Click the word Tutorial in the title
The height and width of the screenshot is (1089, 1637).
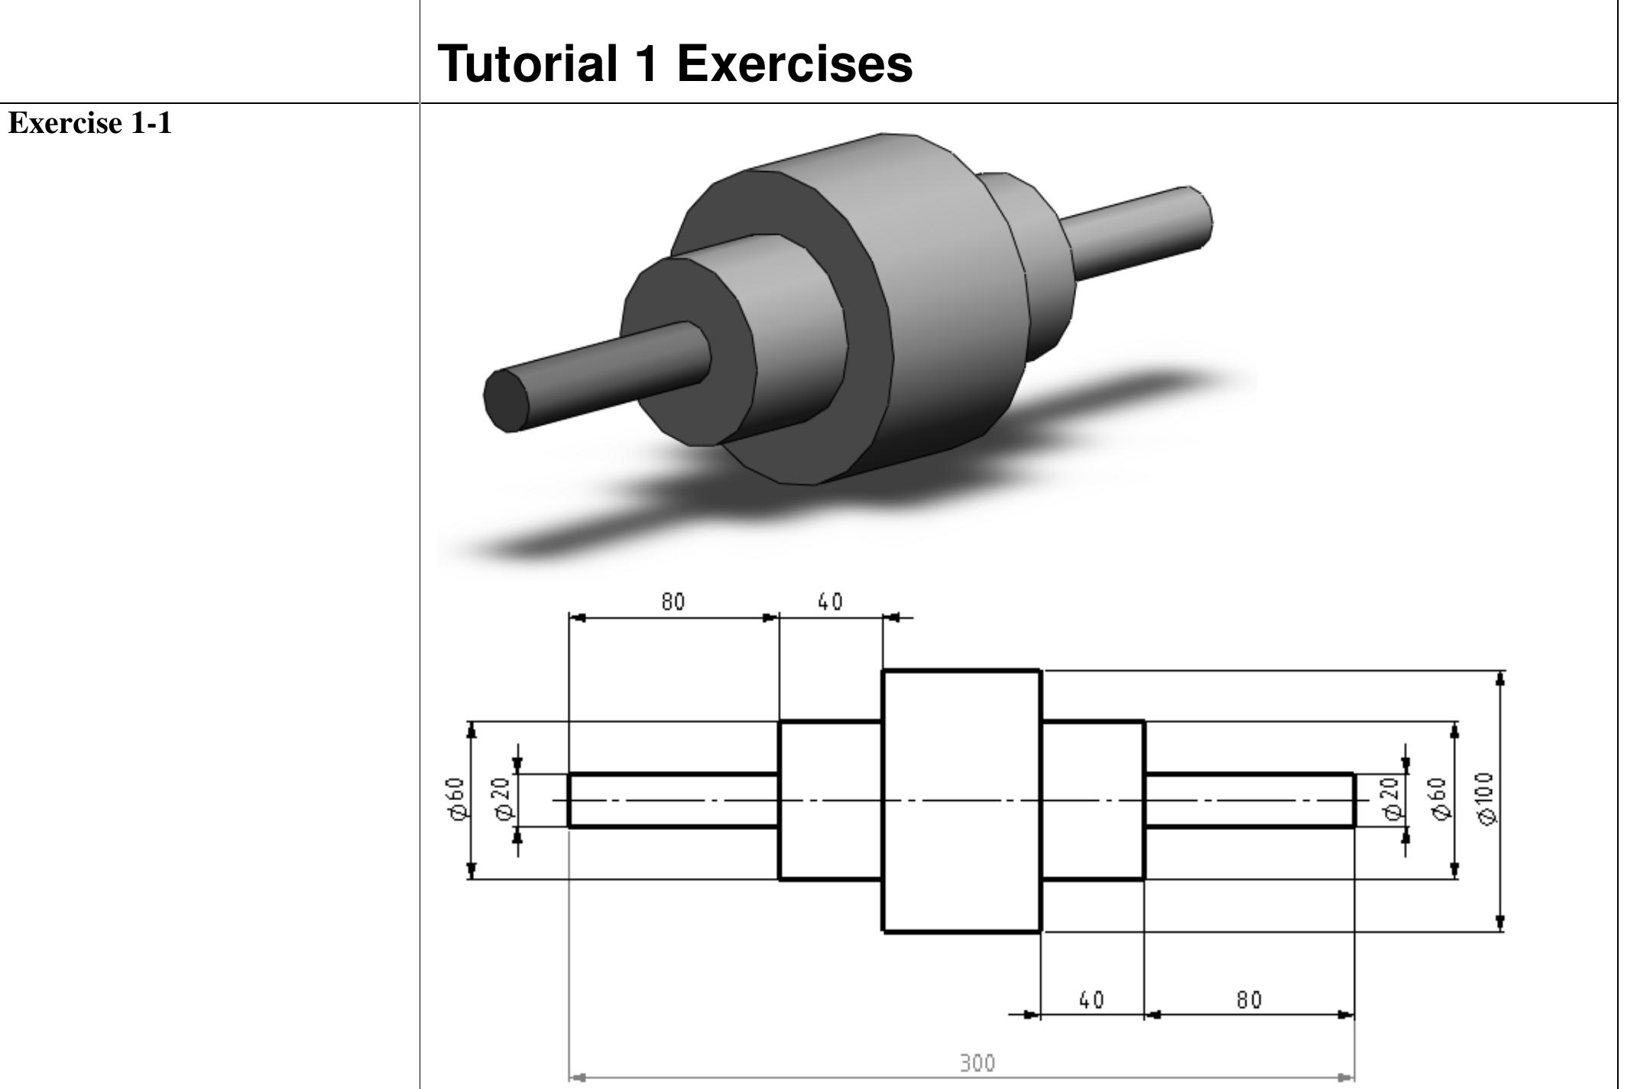(x=527, y=63)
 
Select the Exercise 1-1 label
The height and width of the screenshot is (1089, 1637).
(x=89, y=124)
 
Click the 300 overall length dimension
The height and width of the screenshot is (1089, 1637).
(x=977, y=1063)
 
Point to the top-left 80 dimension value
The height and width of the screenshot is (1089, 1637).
(x=673, y=602)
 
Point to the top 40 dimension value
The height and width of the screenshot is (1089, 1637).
(x=830, y=602)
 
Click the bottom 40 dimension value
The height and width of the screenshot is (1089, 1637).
(x=1091, y=1000)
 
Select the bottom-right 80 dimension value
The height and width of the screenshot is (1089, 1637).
(x=1249, y=1000)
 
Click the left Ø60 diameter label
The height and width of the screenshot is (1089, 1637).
(x=455, y=799)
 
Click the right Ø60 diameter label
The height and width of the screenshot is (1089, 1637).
(x=1440, y=799)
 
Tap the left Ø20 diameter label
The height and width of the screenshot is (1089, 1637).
(x=504, y=799)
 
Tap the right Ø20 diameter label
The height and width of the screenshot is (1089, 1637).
(x=1392, y=799)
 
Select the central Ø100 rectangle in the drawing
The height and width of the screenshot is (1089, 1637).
(x=961, y=800)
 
